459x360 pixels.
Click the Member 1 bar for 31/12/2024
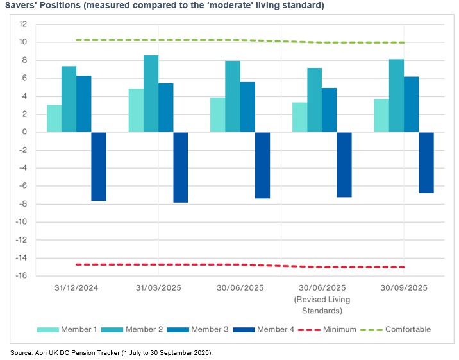tap(54, 119)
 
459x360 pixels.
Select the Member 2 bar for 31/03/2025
tap(151, 94)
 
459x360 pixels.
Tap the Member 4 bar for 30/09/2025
tap(426, 162)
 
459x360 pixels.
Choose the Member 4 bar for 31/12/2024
tap(99, 166)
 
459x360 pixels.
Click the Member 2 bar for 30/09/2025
tap(396, 96)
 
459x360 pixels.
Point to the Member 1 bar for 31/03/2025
tap(136, 110)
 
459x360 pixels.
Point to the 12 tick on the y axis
tap(22, 24)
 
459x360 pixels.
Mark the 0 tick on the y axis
tap(24, 132)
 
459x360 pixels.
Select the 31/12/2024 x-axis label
tap(77, 287)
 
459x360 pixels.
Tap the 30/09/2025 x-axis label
tap(404, 287)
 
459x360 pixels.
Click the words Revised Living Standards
tap(322, 305)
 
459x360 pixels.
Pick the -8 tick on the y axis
tap(22, 204)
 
